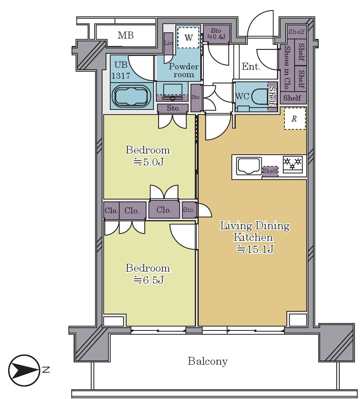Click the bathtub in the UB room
tap(131, 96)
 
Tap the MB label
tap(125, 35)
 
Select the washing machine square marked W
tap(188, 37)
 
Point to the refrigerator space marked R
tap(295, 118)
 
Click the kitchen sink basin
tap(249, 166)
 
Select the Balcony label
tap(208, 361)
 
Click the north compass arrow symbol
tap(24, 370)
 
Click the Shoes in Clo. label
tap(286, 68)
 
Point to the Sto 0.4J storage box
tap(216, 34)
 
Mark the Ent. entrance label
tap(251, 67)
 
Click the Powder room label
tap(184, 70)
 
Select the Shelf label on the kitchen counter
tap(270, 171)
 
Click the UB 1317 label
tap(121, 70)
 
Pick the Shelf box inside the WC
tap(272, 97)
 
